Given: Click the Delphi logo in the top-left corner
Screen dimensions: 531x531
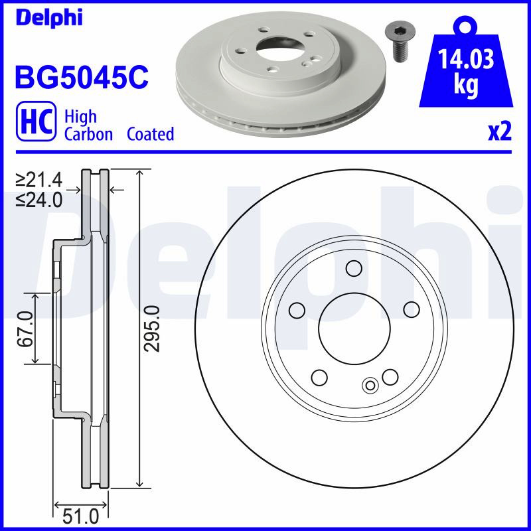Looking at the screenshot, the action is [48, 18].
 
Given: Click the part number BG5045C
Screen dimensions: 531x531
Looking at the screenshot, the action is [82, 76].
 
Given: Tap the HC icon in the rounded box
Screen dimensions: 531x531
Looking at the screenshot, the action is [37, 121].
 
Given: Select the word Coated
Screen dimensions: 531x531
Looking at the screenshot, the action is [151, 134].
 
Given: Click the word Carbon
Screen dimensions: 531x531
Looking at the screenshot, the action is [88, 134].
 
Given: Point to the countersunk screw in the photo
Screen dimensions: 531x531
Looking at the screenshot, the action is [401, 42].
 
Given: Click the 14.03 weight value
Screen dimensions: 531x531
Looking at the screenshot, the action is [466, 59].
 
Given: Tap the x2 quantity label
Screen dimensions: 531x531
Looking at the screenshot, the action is [500, 131].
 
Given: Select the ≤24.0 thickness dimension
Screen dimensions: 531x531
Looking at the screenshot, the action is [39, 200].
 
